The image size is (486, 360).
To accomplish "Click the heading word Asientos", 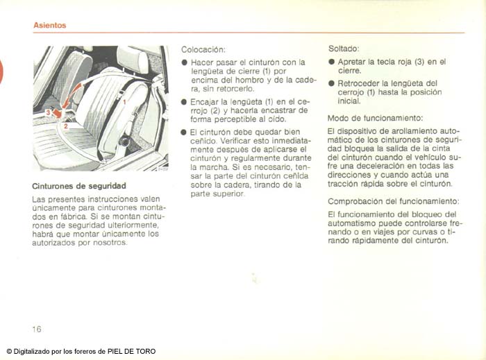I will click(49, 25).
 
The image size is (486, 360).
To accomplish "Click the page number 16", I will click(37, 328).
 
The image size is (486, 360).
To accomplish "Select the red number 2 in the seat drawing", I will click(65, 127).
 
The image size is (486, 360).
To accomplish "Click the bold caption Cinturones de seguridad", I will click(78, 186).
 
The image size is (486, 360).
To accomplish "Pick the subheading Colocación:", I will click(203, 49).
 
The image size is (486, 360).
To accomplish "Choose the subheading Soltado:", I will click(343, 49).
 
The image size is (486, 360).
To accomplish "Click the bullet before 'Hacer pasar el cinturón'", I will click(185, 62).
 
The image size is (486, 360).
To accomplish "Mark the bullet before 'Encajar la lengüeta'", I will click(185, 101).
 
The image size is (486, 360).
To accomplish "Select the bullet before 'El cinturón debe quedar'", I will click(185, 131).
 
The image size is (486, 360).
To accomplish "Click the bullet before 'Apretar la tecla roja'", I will click(331, 62).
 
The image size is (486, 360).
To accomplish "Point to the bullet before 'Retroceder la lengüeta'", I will click(331, 83).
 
